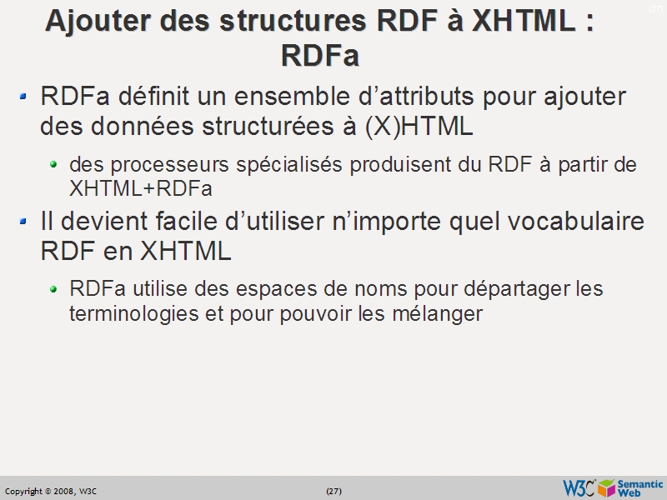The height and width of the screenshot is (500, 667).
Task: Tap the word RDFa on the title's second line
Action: coord(320,56)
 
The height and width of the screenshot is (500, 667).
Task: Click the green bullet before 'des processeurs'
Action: coord(54,164)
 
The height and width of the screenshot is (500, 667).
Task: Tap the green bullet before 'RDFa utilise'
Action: coord(54,289)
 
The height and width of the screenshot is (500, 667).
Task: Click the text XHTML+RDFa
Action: coord(141,189)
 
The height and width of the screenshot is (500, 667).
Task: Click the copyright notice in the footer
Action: coord(51,491)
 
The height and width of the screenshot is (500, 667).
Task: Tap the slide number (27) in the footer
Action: coord(333,491)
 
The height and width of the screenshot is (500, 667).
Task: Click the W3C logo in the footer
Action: coord(579,488)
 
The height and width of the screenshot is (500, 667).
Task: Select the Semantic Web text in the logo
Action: coord(640,488)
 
